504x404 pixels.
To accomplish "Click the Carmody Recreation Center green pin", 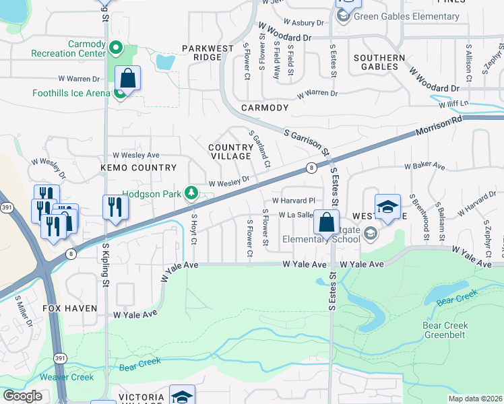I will [115, 48].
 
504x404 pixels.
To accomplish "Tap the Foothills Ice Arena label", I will [70, 93].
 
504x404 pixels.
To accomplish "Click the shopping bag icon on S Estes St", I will [326, 223].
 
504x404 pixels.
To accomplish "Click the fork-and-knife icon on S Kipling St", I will [115, 208].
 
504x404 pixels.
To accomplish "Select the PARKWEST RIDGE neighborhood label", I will [202, 53].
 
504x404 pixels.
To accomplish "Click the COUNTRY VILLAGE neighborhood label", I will [230, 151].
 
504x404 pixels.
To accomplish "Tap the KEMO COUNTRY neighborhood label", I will [138, 168].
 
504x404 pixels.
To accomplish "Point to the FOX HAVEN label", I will [71, 308].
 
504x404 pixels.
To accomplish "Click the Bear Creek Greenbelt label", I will [445, 330].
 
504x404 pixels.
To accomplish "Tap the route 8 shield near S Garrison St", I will [311, 167].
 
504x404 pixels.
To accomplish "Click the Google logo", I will [22, 396].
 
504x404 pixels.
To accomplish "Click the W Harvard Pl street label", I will [293, 201].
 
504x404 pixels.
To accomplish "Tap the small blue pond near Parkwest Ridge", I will [164, 63].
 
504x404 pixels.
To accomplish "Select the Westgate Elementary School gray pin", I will [370, 234].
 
